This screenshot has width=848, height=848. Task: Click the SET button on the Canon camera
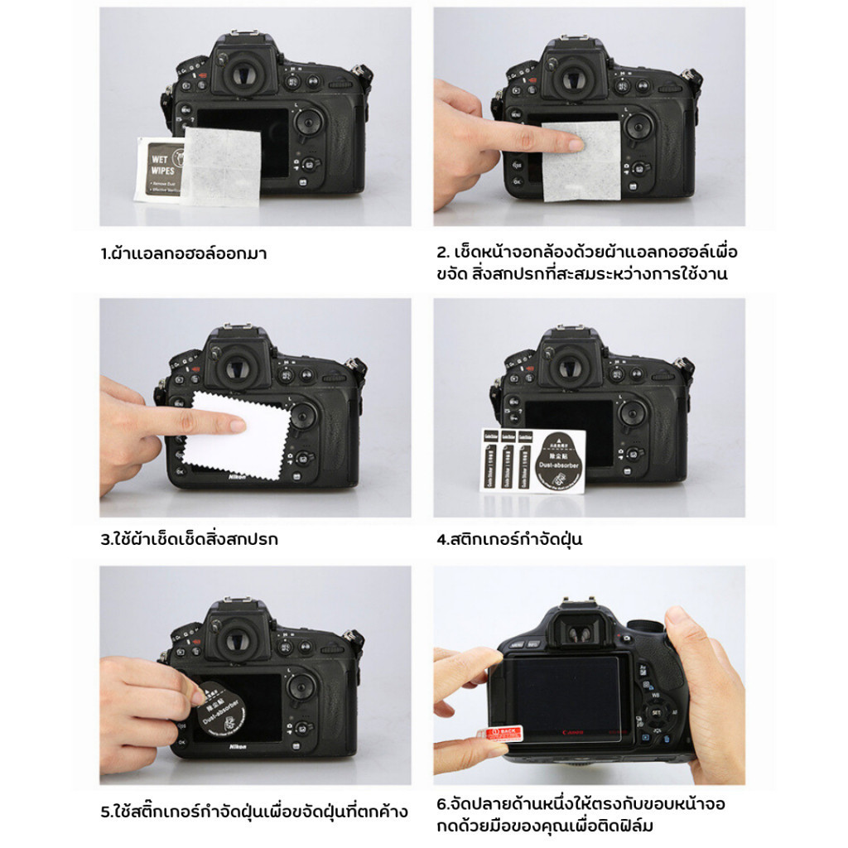pos(656,711)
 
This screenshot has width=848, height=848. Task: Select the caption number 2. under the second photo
pos(442,252)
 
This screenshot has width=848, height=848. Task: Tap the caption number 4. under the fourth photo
pos(442,540)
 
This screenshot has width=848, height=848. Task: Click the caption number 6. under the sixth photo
pos(442,803)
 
